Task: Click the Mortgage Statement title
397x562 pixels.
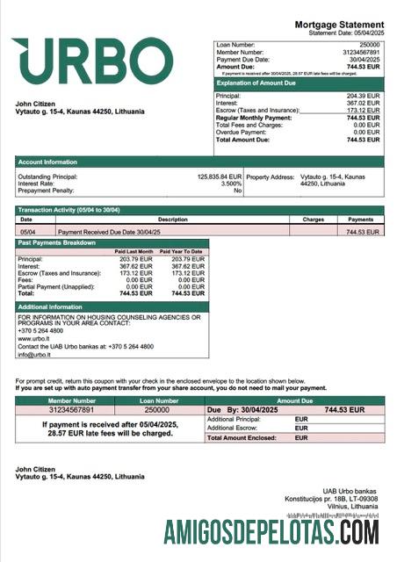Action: pos(338,25)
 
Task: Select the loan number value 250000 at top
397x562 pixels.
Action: pos(370,43)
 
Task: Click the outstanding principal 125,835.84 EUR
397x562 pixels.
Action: pos(219,177)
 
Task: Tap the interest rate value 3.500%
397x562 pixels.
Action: pos(230,184)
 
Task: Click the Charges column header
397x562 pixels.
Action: pos(313,219)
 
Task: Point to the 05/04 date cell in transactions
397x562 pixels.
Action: pos(27,232)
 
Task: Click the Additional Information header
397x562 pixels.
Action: pos(49,306)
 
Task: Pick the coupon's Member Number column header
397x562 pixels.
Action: pos(58,400)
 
